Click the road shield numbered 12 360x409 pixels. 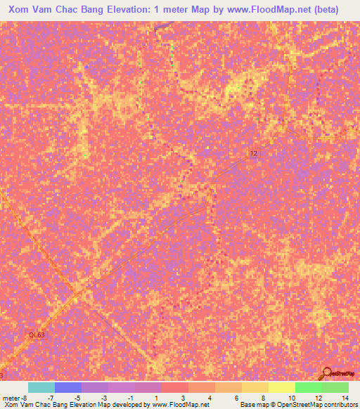[254, 153]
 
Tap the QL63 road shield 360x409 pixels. [36, 335]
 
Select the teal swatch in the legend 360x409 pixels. [41, 387]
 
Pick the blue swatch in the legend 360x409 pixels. [68, 387]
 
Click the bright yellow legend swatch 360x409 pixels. [282, 387]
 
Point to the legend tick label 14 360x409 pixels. [345, 397]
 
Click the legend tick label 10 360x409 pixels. [291, 397]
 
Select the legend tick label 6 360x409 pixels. [238, 397]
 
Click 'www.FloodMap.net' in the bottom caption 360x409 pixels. [180, 405]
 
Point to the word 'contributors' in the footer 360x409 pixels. [337, 405]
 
